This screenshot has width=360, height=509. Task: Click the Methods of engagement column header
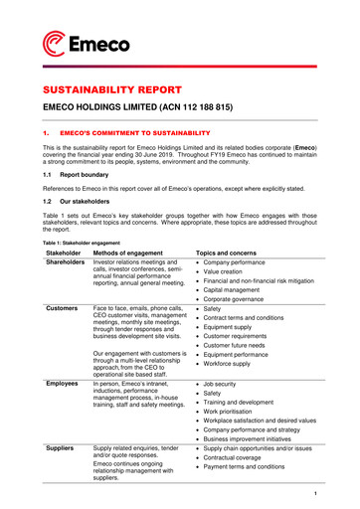133,254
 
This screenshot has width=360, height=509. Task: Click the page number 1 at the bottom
312,493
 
